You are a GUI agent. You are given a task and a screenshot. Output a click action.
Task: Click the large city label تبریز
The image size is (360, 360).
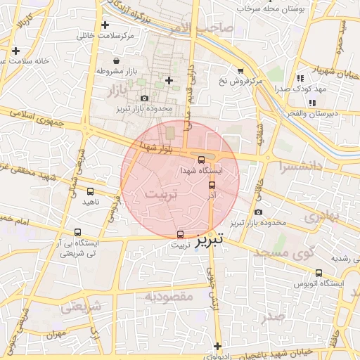209,239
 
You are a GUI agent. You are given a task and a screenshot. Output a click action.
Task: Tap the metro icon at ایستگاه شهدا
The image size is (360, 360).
202,160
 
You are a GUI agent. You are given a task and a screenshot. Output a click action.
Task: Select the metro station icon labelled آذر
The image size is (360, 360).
212,185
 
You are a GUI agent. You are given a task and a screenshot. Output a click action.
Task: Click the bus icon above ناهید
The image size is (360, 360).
90,191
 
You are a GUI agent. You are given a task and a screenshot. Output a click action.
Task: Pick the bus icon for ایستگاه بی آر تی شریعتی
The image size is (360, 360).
77,232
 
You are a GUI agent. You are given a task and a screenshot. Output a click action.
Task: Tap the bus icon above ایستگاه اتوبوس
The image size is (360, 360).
319,273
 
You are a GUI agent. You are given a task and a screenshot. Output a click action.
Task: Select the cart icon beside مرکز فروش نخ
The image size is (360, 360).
241,71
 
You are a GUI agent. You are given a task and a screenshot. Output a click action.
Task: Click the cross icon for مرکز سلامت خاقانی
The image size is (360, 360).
105,25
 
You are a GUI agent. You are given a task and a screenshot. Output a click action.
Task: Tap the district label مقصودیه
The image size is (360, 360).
168,297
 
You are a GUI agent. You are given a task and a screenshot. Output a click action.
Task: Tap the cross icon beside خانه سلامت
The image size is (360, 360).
15,51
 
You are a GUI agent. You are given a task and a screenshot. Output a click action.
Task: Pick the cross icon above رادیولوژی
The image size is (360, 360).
219,346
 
